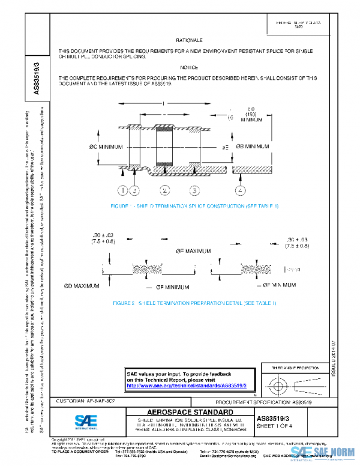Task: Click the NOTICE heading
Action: tap(189, 68)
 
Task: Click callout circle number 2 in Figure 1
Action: tap(164, 191)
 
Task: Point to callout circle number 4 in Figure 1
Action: tap(241, 191)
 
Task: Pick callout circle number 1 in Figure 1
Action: tap(122, 191)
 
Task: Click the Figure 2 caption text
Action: tap(194, 303)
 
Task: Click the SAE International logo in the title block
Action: tap(82, 420)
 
